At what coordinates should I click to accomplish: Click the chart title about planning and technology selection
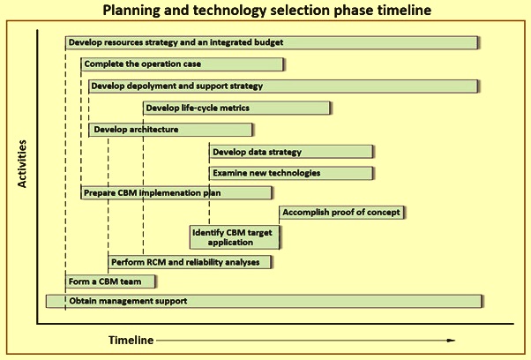(267, 11)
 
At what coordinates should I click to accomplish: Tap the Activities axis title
(22, 164)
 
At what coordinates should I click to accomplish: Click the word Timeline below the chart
(131, 340)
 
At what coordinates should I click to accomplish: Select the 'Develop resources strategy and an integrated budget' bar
(272, 42)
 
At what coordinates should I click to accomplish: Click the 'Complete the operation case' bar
(183, 64)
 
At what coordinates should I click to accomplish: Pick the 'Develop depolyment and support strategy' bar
(283, 86)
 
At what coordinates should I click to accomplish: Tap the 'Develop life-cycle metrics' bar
(236, 108)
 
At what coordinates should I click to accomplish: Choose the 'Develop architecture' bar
(171, 130)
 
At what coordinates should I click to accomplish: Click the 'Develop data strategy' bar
(291, 152)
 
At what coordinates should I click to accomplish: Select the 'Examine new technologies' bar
(291, 173)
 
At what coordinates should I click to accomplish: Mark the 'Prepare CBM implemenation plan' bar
(176, 192)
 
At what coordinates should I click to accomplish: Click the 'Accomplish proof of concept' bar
(341, 213)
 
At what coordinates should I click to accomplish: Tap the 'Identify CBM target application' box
(235, 237)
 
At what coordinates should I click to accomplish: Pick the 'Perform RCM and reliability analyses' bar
(190, 262)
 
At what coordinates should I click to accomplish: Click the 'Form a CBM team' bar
(110, 281)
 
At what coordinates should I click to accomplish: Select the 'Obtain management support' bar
(264, 301)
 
